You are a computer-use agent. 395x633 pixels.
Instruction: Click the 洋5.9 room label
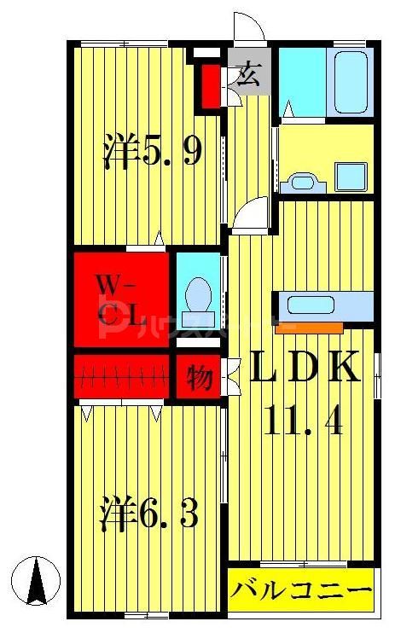[152, 152]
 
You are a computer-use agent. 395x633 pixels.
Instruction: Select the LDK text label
[303, 370]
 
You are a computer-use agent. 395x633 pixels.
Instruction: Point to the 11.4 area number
[303, 421]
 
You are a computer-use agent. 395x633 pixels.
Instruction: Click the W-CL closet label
[119, 299]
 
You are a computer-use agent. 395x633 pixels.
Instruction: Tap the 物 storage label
[200, 376]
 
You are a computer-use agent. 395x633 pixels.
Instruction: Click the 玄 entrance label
[248, 75]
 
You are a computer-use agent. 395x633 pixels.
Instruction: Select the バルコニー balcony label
[301, 590]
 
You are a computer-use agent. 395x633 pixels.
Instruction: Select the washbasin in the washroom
[303, 180]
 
